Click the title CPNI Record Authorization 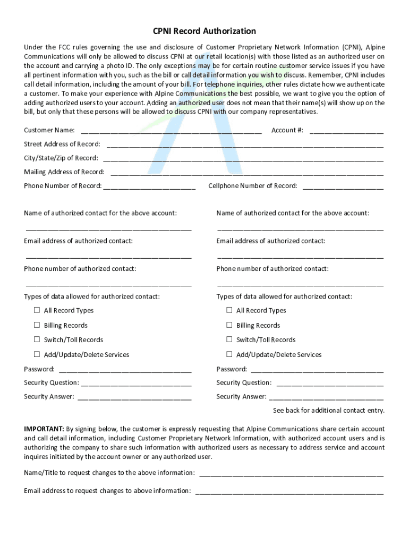204,31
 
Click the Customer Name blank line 171,131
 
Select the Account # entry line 346,131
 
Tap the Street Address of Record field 245,145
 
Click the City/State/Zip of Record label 61,158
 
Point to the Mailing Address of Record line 247,173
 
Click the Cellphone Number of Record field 343,187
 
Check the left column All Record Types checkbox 37,310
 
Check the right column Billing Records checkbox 229,325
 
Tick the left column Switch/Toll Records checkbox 37,339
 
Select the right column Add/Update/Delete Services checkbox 229,354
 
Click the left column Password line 125,370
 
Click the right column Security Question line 330,384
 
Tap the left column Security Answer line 134,398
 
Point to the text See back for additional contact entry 328,411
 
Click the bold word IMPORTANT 44,429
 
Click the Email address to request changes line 289,492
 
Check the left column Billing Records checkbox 37,325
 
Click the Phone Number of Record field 149,187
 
